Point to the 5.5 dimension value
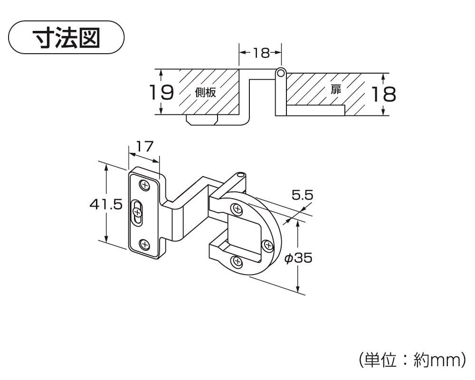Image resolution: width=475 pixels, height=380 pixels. (x=302, y=195)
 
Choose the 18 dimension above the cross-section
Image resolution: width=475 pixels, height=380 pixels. (x=261, y=53)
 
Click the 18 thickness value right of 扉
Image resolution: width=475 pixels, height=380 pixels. (x=383, y=95)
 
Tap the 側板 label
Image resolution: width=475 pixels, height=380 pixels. (x=205, y=93)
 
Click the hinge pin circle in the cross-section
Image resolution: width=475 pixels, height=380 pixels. (x=280, y=73)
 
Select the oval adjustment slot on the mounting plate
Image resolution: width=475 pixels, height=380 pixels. (x=137, y=212)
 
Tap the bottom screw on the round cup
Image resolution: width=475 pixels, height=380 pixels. (x=236, y=261)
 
